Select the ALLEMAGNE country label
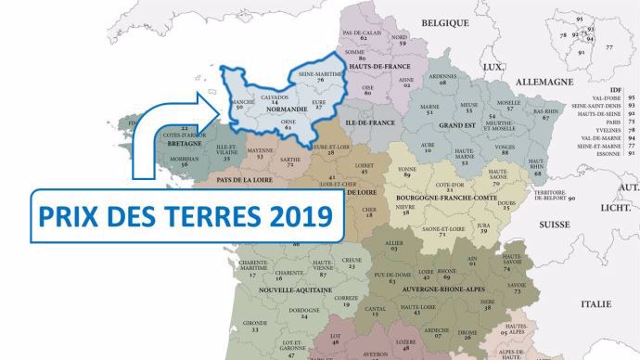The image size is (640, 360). pyautogui.click(x=544, y=82)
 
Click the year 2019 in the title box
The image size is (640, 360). pyautogui.click(x=298, y=216)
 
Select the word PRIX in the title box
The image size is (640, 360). pyautogui.click(x=67, y=216)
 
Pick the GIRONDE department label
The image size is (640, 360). pyautogui.click(x=252, y=322)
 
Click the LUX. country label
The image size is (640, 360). pyautogui.click(x=493, y=66)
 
